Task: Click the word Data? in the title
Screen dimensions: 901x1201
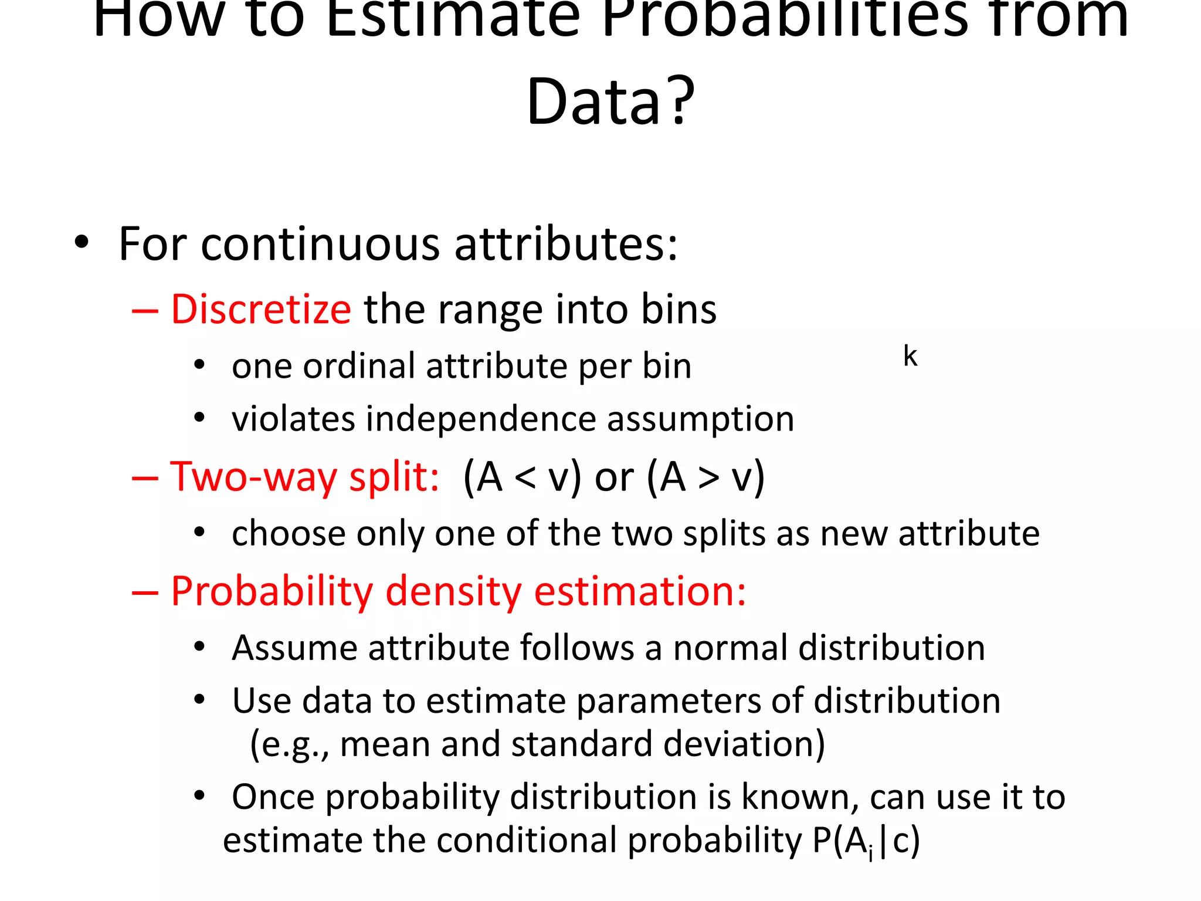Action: [x=610, y=101]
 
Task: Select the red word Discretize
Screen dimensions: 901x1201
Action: [x=261, y=309]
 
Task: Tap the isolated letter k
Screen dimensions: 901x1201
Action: [x=910, y=356]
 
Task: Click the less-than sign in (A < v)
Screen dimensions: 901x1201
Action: [x=525, y=478]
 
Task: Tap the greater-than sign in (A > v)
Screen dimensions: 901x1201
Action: [x=708, y=478]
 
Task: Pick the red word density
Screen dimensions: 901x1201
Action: [x=453, y=591]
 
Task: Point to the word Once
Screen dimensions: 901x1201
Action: [x=273, y=797]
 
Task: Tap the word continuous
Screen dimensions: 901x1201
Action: [x=320, y=244]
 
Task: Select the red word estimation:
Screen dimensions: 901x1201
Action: [x=640, y=591]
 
